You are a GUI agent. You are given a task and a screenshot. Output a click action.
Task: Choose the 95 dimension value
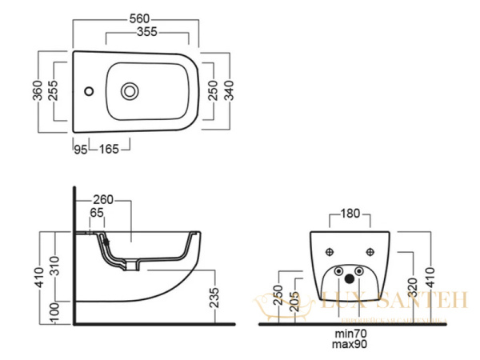pos(80,149)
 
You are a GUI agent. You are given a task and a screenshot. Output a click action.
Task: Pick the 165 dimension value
pos(109,149)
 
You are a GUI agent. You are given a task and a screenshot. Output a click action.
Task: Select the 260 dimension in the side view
pos(104,199)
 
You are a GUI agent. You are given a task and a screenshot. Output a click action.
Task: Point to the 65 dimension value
pos(97,214)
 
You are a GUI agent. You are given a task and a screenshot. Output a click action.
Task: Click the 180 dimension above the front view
pos(350,214)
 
